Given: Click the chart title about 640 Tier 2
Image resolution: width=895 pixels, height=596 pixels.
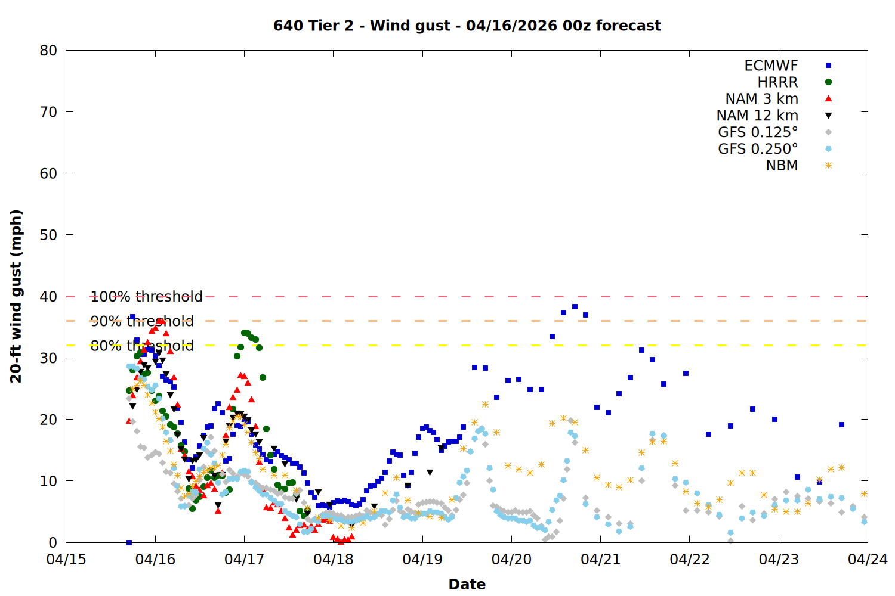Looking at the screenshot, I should (x=467, y=26).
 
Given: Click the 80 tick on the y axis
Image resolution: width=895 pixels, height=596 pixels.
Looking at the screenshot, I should (x=49, y=51).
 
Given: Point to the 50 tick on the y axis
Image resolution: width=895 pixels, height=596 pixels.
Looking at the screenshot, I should (x=49, y=235).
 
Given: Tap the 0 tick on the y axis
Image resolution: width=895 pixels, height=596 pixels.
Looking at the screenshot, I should (x=53, y=542).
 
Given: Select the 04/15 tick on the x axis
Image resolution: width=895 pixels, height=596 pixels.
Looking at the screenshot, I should (x=66, y=560).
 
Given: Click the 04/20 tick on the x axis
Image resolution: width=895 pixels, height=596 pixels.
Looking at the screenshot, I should (x=511, y=560).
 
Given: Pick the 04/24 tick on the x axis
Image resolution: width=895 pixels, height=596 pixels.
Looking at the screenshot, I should (x=868, y=560).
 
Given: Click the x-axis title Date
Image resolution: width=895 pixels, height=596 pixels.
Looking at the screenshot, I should (x=467, y=584).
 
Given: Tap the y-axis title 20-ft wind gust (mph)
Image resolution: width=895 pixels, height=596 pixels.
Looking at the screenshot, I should (x=16, y=296).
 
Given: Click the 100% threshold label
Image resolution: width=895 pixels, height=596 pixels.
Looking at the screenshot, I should (x=147, y=297).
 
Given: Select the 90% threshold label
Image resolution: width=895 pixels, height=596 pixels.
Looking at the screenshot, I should (x=142, y=321).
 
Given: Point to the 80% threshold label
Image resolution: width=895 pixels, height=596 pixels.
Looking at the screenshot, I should (x=142, y=346).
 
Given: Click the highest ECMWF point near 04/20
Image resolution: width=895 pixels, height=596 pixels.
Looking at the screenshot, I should (x=575, y=307).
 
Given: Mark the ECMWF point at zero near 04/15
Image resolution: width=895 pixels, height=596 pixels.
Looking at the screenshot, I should (x=129, y=542).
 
